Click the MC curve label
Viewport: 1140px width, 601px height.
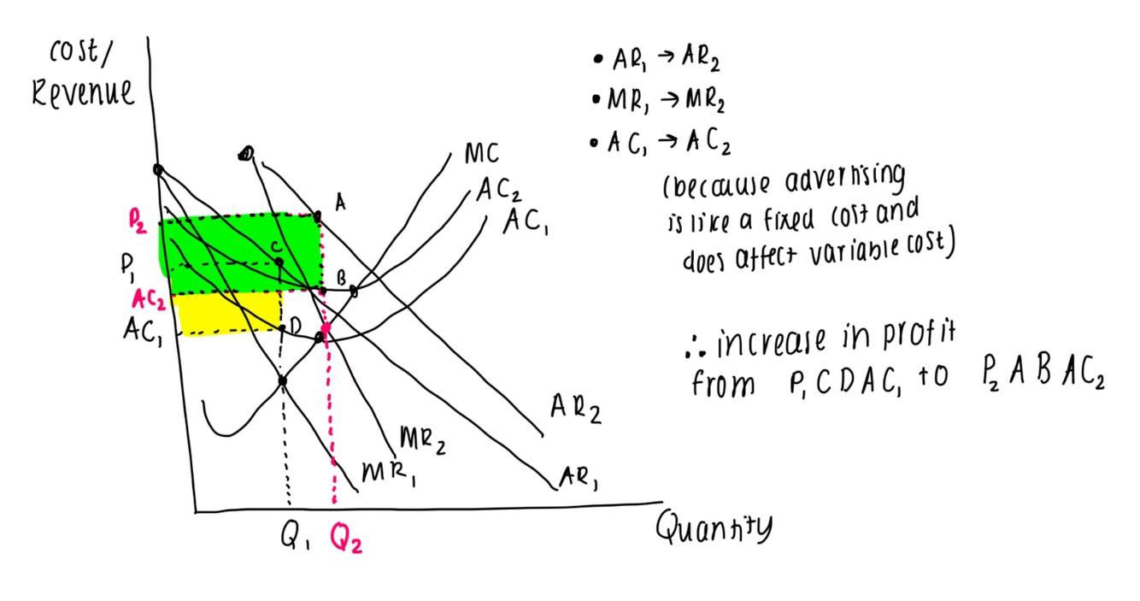(x=483, y=156)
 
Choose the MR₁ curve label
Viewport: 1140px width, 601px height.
(x=388, y=473)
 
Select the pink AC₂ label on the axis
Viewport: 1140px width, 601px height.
(x=150, y=299)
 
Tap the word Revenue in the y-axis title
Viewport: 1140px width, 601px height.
(x=83, y=92)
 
